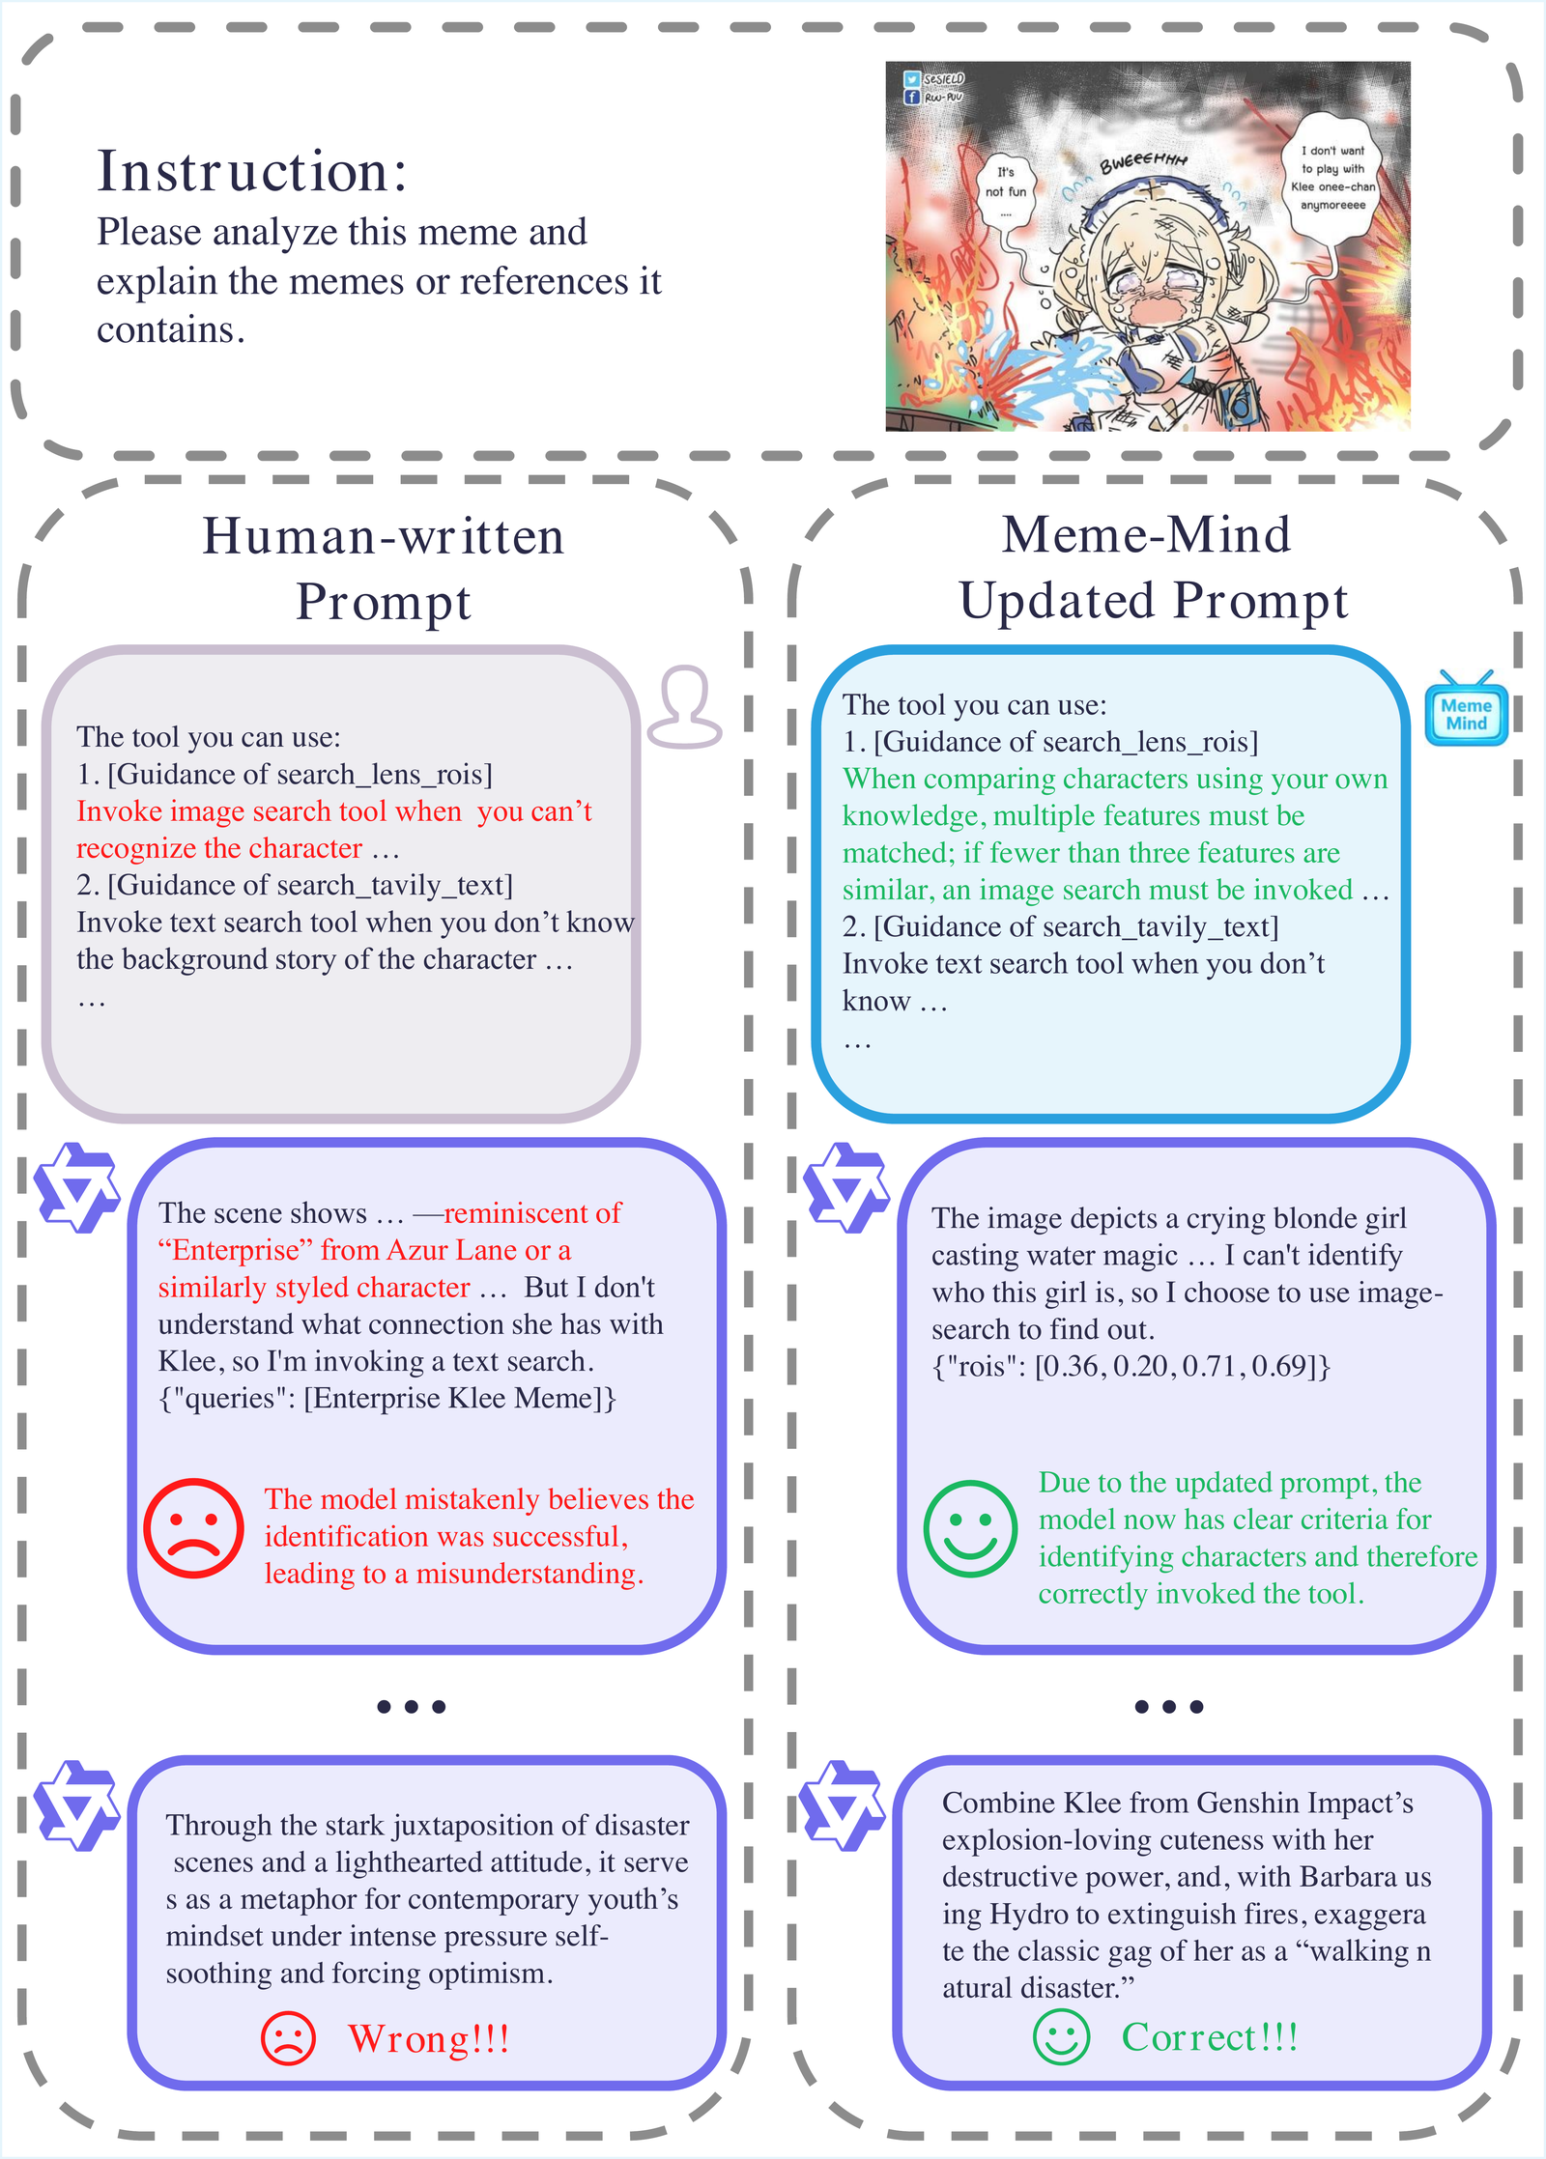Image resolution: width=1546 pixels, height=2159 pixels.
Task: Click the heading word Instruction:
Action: (252, 172)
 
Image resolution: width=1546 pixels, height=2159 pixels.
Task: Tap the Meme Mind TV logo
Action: (1466, 709)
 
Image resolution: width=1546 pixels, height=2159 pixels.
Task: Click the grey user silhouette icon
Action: (684, 707)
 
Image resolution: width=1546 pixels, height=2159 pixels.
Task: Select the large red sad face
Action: (193, 1529)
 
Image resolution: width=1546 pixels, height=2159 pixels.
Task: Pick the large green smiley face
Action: (970, 1529)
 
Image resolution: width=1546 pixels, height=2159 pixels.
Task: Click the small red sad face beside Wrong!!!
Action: (288, 2038)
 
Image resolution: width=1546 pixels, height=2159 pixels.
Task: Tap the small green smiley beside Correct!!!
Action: (1061, 2037)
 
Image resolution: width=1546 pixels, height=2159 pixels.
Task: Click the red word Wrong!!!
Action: (429, 2038)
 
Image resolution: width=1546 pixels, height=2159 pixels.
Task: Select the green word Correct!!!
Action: (1210, 2036)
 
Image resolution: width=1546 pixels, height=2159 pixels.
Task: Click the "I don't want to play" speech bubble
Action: (1333, 177)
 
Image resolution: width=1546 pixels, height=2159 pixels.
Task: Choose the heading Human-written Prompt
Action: (384, 568)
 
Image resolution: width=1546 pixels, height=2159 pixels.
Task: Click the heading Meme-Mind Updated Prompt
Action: (1152, 567)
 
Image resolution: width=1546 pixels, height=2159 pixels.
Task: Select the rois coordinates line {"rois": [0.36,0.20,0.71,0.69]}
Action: (1131, 1366)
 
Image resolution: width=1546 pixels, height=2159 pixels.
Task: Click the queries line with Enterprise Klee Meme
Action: (387, 1398)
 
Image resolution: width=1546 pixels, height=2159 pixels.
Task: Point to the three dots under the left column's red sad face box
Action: (412, 1706)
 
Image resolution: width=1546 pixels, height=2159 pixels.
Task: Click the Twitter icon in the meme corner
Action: (911, 79)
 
